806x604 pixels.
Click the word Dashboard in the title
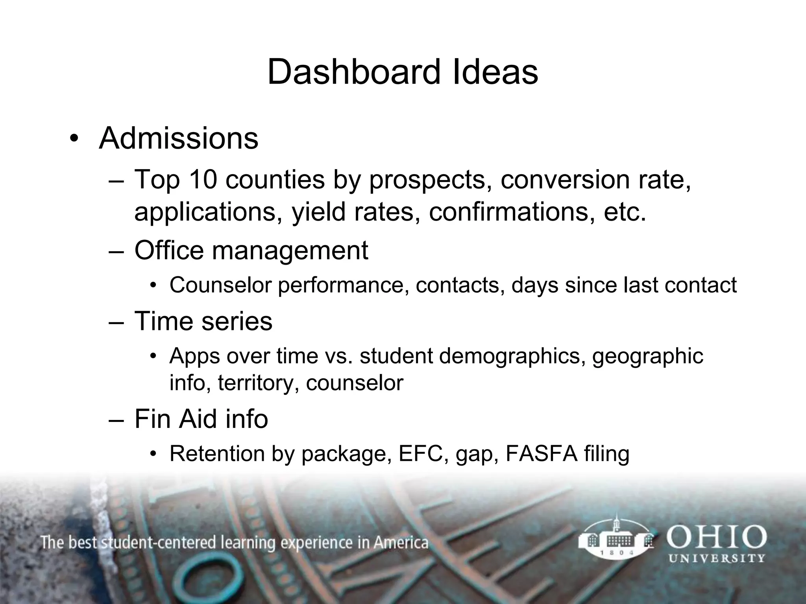pyautogui.click(x=353, y=72)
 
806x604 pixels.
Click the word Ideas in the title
pyautogui.click(x=495, y=72)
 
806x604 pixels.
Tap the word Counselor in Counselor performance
pyautogui.click(x=221, y=285)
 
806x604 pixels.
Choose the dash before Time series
pyautogui.click(x=116, y=322)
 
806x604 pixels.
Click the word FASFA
pyautogui.click(x=542, y=453)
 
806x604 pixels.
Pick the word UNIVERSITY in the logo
pyautogui.click(x=717, y=558)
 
